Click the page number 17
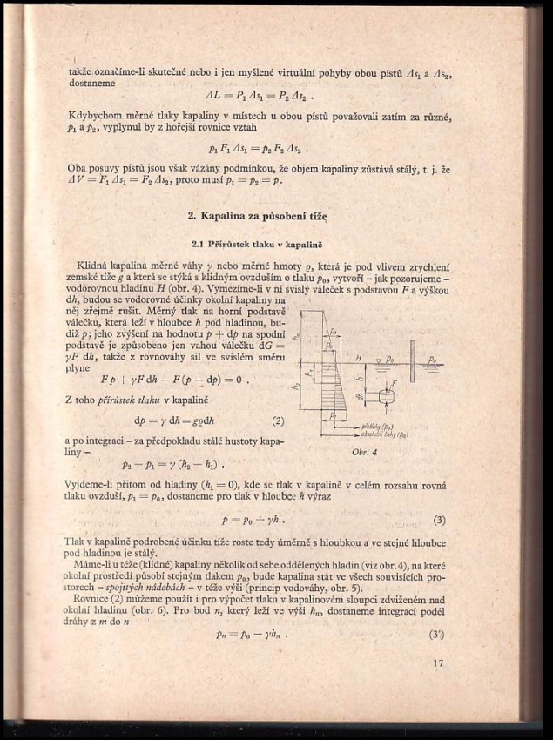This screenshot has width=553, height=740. [x=437, y=664]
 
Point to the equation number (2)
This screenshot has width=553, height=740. [x=278, y=421]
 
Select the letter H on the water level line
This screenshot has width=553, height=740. [x=357, y=358]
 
